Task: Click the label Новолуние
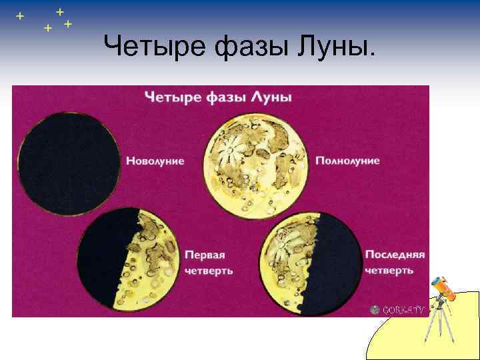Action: (155, 161)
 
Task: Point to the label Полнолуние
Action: (347, 161)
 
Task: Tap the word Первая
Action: (205, 254)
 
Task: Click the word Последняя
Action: (395, 254)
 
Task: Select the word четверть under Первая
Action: (209, 271)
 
